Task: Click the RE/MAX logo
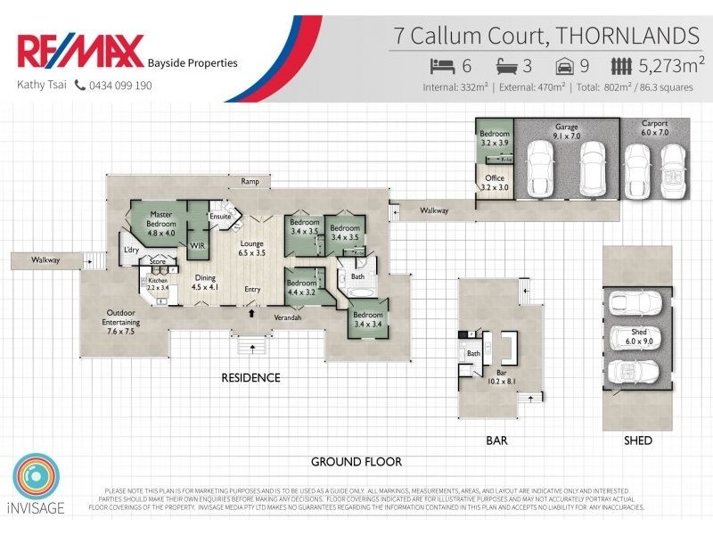[80, 52]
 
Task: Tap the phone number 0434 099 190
[119, 86]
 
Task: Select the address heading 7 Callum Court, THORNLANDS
[546, 36]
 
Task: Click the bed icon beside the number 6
[443, 66]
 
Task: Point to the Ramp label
[250, 181]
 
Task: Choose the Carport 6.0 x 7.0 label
[654, 128]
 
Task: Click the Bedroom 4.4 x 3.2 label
[301, 287]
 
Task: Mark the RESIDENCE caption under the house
[250, 378]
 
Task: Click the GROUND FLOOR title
[356, 462]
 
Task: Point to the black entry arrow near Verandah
[252, 313]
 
